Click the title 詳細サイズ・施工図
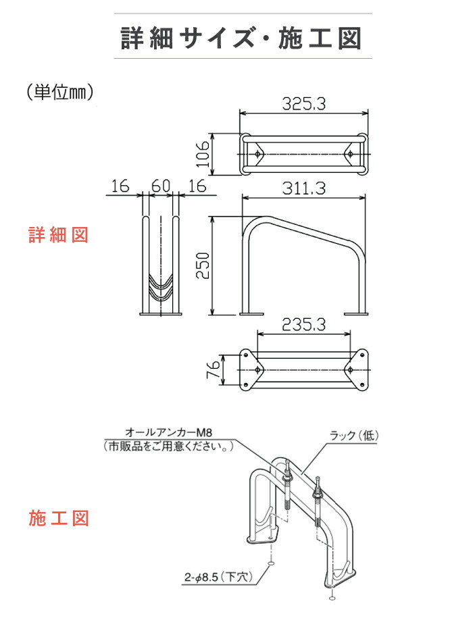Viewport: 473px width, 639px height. click(x=241, y=38)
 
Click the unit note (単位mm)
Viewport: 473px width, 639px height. click(x=59, y=92)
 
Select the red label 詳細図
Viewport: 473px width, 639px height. click(x=58, y=235)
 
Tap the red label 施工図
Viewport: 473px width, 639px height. click(x=58, y=519)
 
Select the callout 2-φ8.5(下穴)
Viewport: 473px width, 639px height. click(x=217, y=578)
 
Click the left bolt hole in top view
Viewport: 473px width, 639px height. click(x=257, y=155)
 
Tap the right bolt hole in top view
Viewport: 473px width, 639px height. click(x=351, y=155)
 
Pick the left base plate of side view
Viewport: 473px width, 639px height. click(x=253, y=313)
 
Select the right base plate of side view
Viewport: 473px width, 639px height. click(x=356, y=313)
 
